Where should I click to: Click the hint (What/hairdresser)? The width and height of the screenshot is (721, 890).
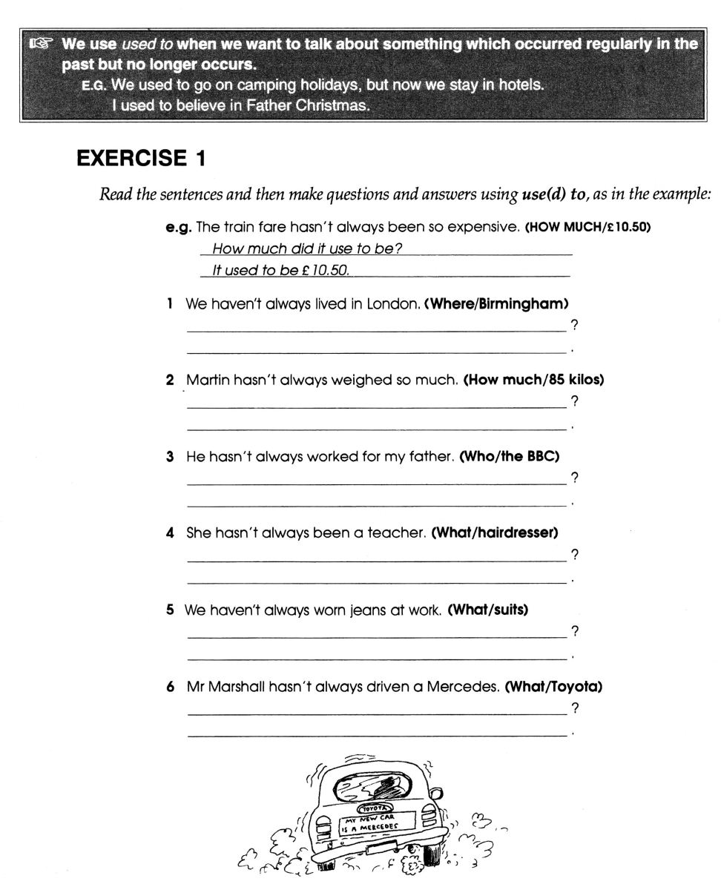(494, 533)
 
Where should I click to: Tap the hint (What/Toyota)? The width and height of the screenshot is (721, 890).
(552, 687)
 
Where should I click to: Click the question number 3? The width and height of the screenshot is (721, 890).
(171, 458)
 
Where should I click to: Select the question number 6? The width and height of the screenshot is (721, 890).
(171, 688)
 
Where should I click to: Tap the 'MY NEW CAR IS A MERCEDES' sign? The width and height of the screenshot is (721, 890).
(375, 822)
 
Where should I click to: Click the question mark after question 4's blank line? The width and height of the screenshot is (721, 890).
(574, 555)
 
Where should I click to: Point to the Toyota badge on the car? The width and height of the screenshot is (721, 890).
(375, 807)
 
